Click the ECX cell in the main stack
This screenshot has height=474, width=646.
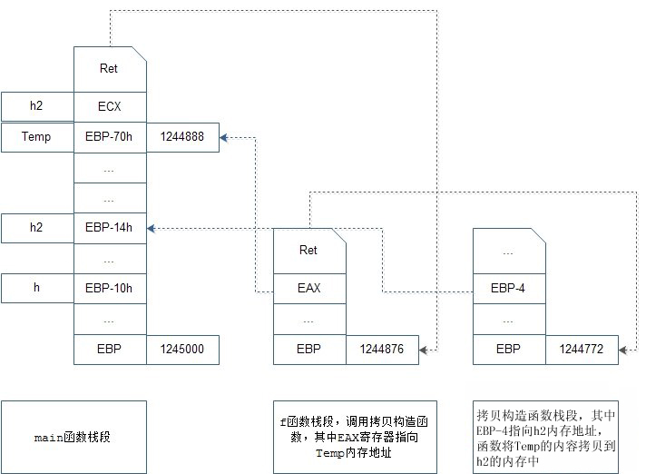click(109, 106)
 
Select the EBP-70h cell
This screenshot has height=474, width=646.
click(109, 137)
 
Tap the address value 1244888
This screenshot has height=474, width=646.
click(181, 137)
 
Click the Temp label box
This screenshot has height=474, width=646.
click(36, 137)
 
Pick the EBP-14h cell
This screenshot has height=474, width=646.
click(109, 229)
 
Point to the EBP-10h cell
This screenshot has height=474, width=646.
click(109, 289)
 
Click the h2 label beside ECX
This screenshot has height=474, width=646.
click(36, 106)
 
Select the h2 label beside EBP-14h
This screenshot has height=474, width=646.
click(36, 229)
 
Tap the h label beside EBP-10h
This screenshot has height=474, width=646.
click(36, 289)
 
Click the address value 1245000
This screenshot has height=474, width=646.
click(181, 350)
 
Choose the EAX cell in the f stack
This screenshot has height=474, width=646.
click(309, 289)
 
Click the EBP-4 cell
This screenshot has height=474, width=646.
click(508, 289)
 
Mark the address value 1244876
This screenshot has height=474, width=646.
click(382, 350)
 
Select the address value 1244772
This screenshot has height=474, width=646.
click(582, 350)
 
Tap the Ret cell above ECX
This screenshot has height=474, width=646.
click(109, 69)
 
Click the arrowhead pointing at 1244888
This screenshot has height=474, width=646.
click(224, 137)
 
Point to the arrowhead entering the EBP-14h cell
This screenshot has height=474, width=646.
click(151, 229)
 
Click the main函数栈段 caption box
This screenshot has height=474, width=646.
click(73, 438)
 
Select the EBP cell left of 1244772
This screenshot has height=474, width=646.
click(508, 350)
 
